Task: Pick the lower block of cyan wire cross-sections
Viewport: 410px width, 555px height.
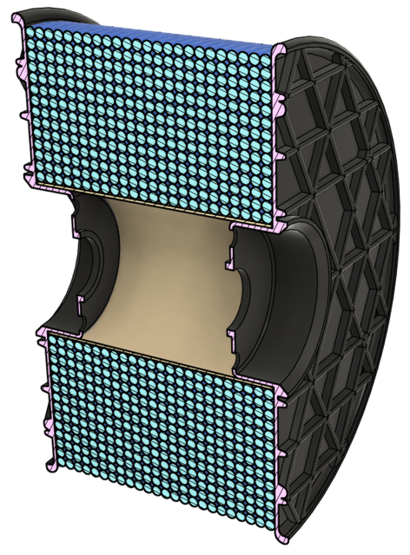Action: [165, 434]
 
